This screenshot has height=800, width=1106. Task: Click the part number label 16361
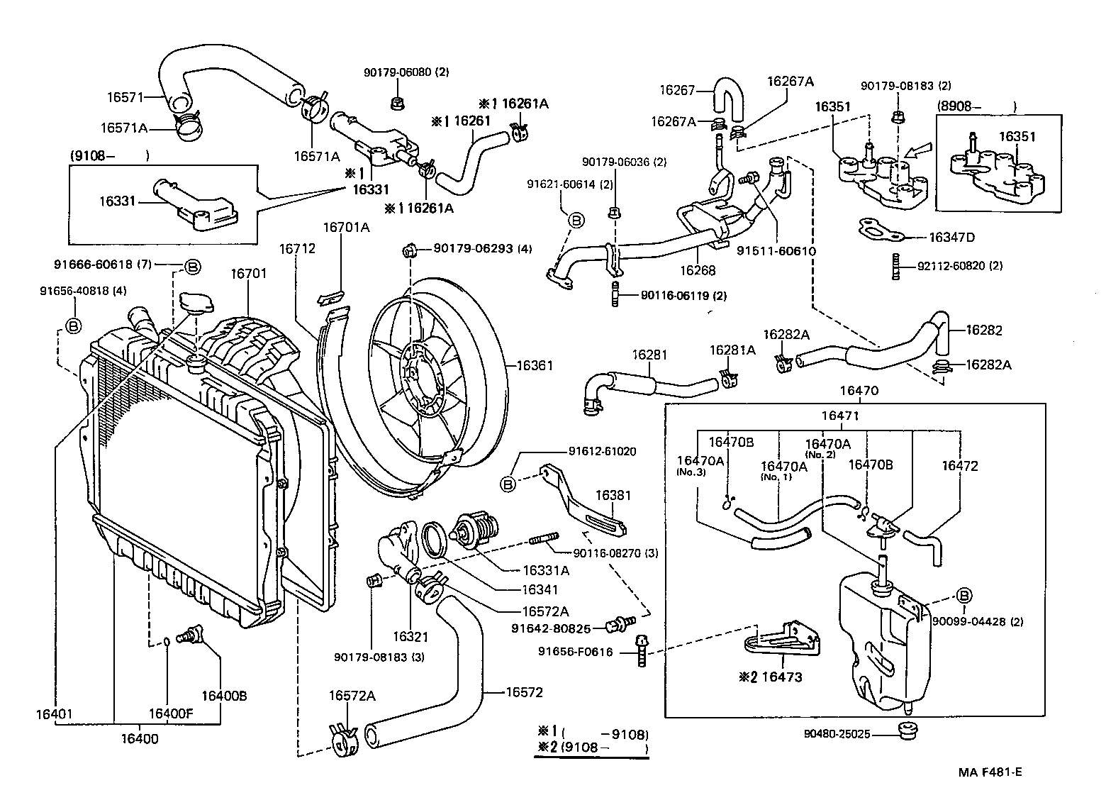point(534,365)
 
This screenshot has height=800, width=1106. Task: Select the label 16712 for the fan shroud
point(296,249)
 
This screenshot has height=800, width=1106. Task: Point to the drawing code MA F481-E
point(991,772)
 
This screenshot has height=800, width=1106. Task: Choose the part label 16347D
point(951,237)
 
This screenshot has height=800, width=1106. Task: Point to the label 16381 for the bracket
point(613,495)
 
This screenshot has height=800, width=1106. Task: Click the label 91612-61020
point(601,451)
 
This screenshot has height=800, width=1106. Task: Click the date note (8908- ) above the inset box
point(976,106)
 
